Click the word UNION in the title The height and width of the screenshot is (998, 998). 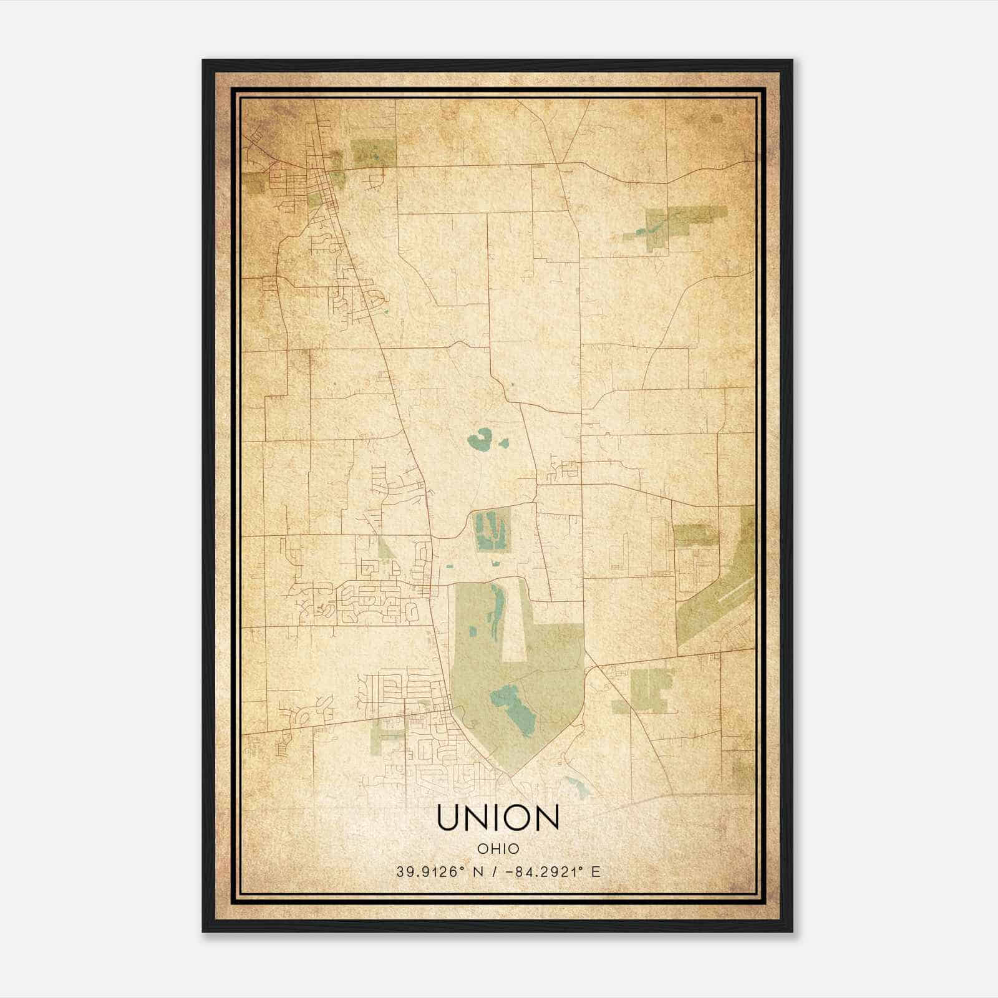click(498, 818)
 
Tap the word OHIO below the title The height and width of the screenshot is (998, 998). click(498, 849)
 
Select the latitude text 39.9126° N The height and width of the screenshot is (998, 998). click(435, 872)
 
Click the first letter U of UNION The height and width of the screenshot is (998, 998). click(449, 818)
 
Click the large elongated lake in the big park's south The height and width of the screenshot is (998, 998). click(514, 708)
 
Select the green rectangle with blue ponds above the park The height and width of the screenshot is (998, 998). click(493, 530)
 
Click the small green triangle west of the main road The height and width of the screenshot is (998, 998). click(385, 549)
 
